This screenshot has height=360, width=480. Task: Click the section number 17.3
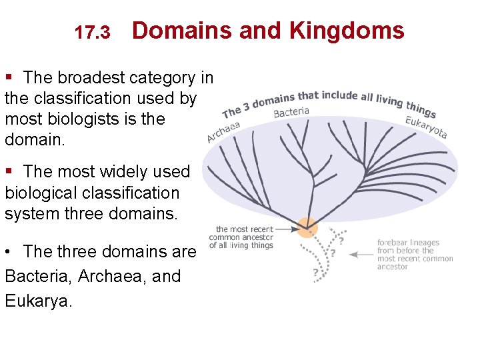pos(92,33)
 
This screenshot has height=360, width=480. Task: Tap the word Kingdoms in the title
pos(346,31)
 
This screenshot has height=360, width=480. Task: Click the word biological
pos(44,193)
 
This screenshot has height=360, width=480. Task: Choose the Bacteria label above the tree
pos(291,112)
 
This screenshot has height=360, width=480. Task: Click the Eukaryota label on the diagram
pos(426,127)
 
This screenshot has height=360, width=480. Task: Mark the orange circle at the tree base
pos(307,228)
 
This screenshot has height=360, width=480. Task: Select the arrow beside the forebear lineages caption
pos(361,254)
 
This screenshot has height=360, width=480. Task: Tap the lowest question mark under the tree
pos(315,272)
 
